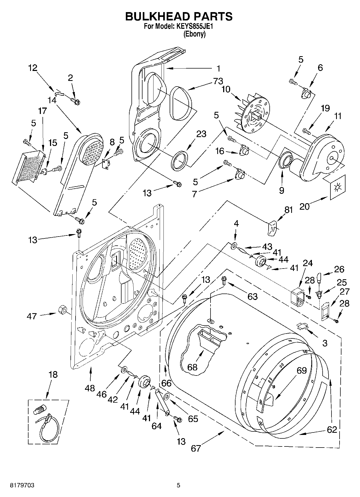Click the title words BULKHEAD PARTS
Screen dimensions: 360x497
[179, 17]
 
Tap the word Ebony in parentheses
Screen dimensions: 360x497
[194, 34]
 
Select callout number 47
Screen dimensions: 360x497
[32, 316]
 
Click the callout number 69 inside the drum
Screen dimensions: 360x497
[302, 370]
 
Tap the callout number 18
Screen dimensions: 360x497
[53, 374]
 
